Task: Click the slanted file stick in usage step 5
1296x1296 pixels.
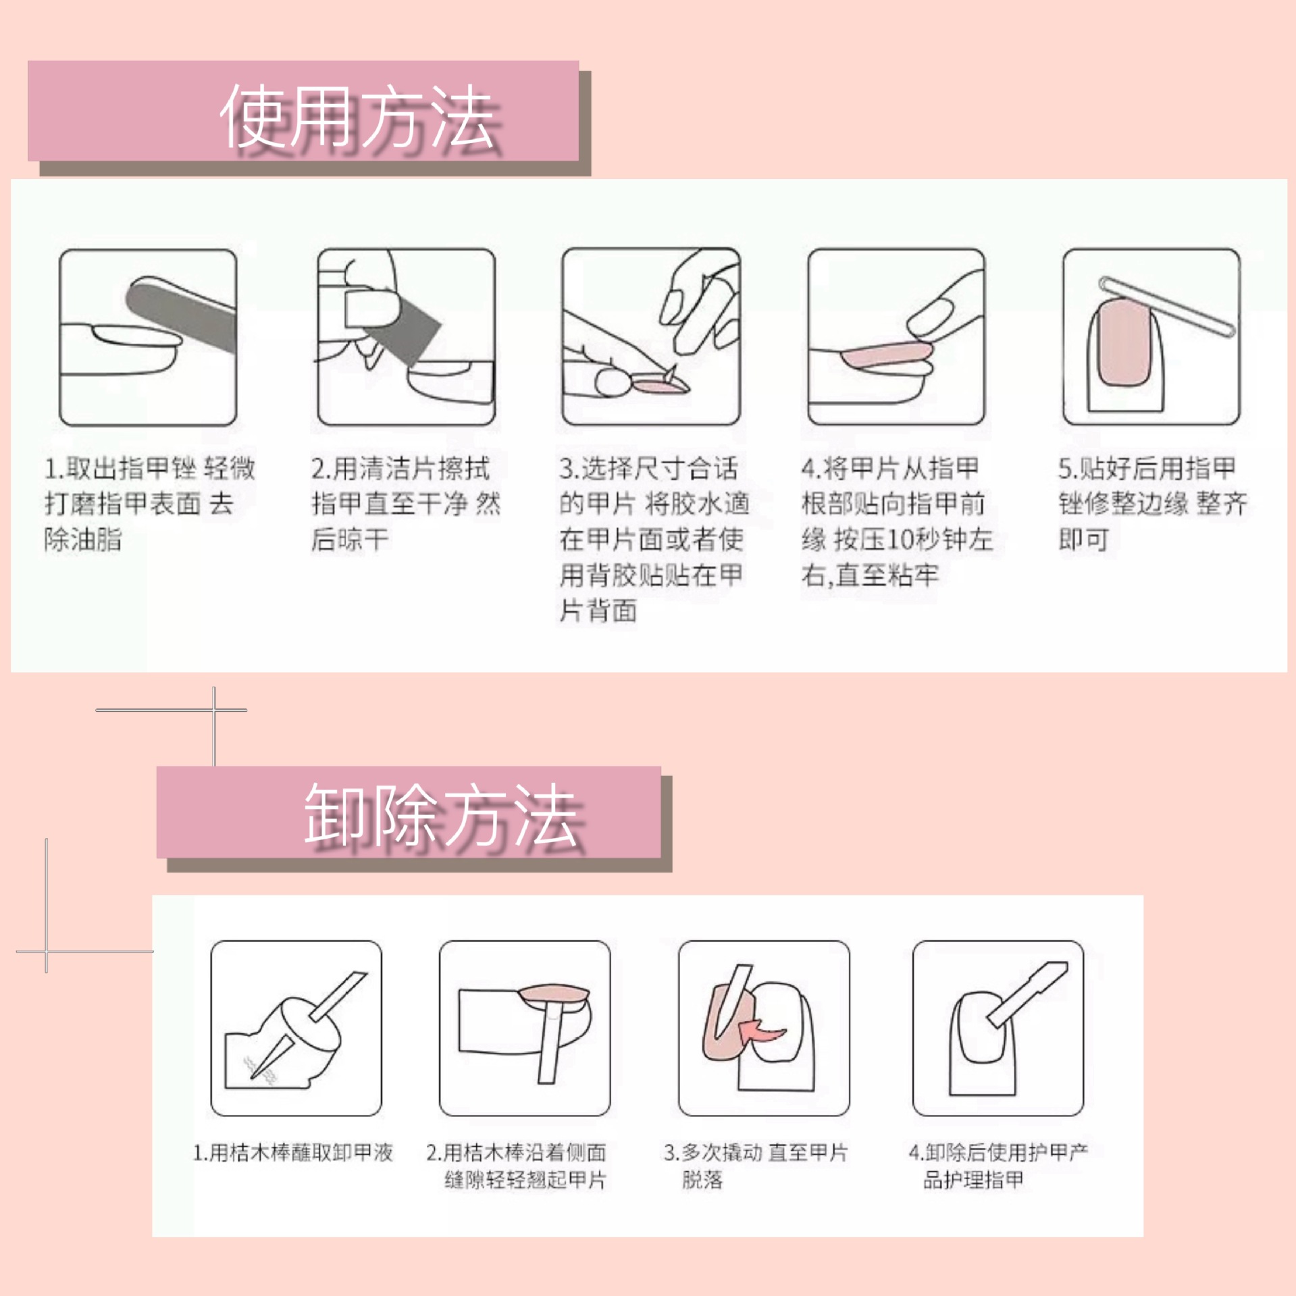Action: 1168,307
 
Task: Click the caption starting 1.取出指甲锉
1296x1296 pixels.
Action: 149,503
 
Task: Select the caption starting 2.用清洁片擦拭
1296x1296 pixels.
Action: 405,503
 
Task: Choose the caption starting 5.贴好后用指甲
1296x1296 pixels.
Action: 1151,503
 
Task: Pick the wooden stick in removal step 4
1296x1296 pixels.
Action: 1027,996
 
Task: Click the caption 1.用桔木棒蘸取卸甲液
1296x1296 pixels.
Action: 292,1152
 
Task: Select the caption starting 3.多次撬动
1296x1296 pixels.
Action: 755,1165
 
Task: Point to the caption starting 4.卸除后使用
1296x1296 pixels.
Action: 997,1165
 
